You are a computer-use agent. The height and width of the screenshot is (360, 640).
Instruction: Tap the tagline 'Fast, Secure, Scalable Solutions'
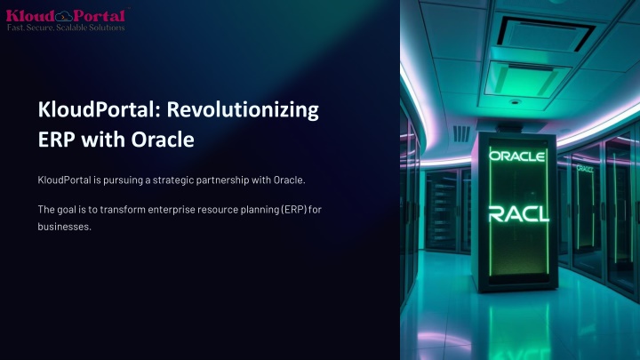pos(66,28)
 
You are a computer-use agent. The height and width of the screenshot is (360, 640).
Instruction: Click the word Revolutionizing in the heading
pos(243,110)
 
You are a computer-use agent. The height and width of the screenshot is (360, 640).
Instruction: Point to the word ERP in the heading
pos(56,140)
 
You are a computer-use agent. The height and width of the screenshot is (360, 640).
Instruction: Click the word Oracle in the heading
pos(163,140)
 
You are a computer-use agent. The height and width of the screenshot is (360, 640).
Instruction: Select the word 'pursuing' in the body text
pos(123,180)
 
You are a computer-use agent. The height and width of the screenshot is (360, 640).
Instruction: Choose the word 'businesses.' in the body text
pos(65,227)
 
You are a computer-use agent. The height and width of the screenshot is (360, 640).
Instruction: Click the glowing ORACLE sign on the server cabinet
pos(516,156)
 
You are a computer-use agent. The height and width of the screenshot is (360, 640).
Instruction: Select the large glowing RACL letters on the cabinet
pos(519,214)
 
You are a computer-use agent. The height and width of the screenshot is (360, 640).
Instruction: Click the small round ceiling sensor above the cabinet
pos(515,101)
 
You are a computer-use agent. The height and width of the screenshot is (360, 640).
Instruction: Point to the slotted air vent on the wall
pos(461,134)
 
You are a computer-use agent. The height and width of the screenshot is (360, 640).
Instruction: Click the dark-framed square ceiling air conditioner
pos(546,34)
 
